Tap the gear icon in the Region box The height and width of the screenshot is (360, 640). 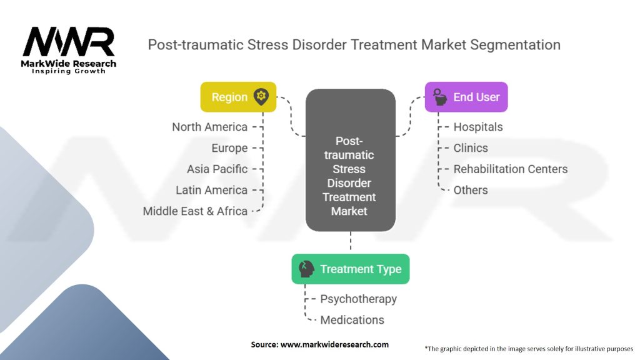point(261,97)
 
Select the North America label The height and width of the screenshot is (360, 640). point(210,127)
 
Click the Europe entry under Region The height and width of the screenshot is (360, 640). point(229,148)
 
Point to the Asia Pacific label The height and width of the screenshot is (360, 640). point(217,169)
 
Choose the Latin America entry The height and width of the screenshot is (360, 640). point(211,190)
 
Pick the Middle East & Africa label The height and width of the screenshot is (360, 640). point(195,211)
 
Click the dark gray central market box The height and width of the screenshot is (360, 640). point(350,160)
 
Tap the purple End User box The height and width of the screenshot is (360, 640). point(466,97)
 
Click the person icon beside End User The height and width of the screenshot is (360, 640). point(440,97)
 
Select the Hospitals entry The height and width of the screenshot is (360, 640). point(478,127)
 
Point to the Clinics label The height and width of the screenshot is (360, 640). point(471,148)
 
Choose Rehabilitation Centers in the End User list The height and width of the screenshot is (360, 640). point(511,169)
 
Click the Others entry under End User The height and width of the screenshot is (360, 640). point(471,190)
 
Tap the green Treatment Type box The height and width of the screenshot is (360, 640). point(350,269)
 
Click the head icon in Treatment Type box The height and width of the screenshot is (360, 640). point(306,269)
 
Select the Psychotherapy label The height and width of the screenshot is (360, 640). point(358,299)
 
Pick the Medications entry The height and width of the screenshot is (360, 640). point(352,320)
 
